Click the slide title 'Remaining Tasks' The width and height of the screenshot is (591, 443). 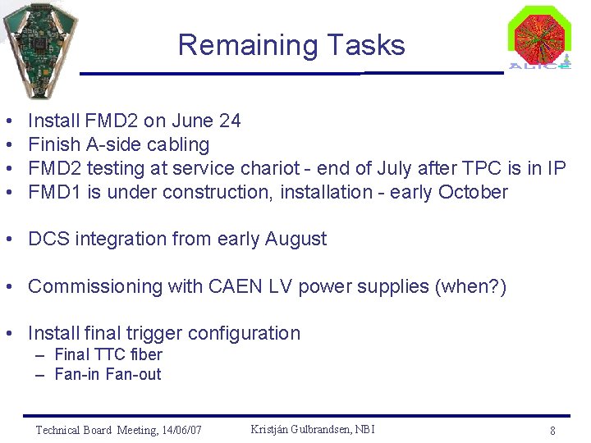pyautogui.click(x=291, y=45)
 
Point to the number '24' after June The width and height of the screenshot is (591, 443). pyautogui.click(x=230, y=121)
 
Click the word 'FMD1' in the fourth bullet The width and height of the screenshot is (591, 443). pyautogui.click(x=53, y=193)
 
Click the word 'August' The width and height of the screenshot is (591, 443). pyautogui.click(x=295, y=240)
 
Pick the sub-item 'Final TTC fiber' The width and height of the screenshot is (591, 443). pyautogui.click(x=108, y=355)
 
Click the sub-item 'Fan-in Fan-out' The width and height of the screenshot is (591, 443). pyautogui.click(x=108, y=375)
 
